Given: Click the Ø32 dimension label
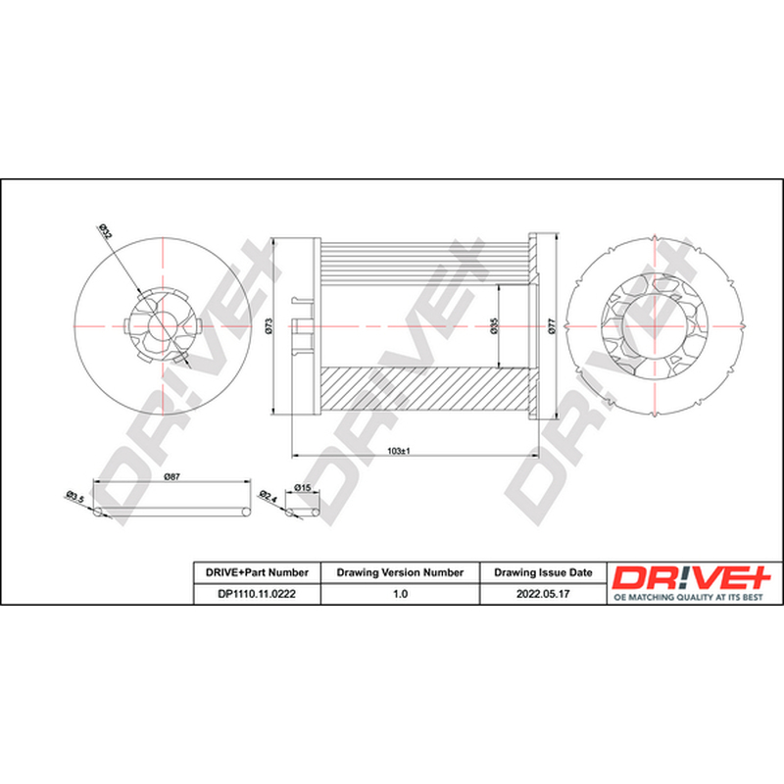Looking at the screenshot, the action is click(x=106, y=232).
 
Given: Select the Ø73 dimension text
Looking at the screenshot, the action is click(x=269, y=326).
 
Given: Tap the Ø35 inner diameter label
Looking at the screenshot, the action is click(x=494, y=325).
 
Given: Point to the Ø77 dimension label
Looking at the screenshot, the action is click(x=551, y=326).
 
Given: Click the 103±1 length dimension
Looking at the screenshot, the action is click(x=399, y=451).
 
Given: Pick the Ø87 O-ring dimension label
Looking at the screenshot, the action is click(x=172, y=477).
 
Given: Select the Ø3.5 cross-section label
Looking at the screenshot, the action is click(x=75, y=498).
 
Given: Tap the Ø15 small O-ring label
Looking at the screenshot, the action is click(x=303, y=487).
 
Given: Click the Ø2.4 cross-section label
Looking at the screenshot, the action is click(x=268, y=497).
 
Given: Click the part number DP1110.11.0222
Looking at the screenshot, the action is click(x=257, y=594).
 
